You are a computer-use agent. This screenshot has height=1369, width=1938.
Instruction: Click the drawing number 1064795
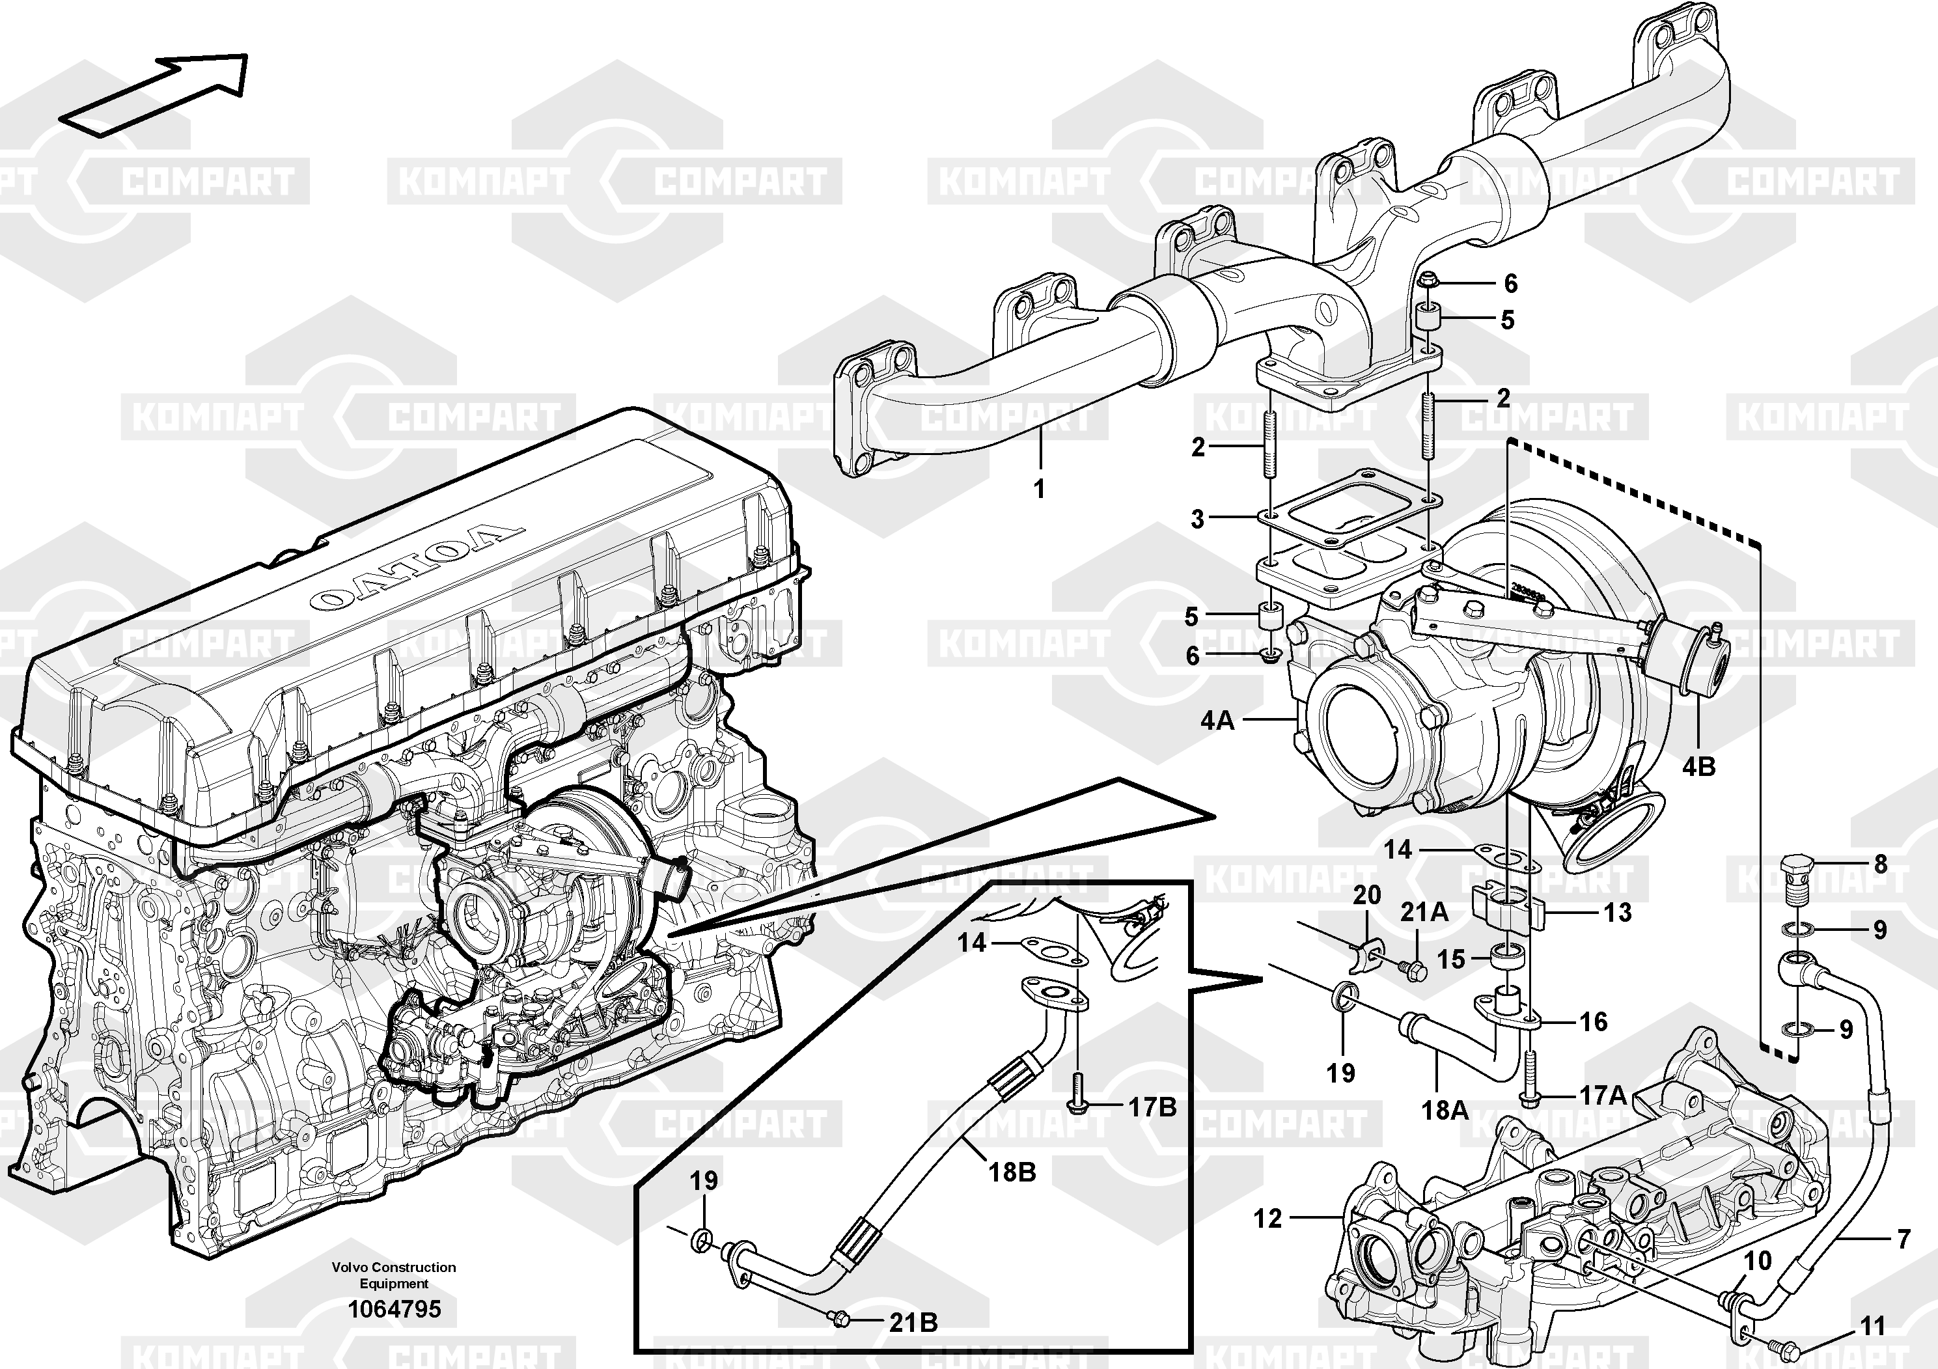(395, 1309)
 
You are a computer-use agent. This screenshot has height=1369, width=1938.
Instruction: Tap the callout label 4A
(1217, 720)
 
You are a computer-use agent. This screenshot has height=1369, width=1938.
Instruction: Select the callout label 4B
(1698, 766)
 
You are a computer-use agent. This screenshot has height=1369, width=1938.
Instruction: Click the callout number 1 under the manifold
(1039, 489)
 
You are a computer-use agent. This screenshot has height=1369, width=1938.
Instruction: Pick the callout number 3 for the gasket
(1197, 519)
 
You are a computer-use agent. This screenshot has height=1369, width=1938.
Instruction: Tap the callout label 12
(1267, 1218)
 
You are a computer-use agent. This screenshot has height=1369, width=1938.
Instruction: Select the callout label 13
(1616, 913)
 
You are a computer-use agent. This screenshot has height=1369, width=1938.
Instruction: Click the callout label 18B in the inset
(1012, 1172)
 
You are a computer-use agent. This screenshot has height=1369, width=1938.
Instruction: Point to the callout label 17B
(1152, 1107)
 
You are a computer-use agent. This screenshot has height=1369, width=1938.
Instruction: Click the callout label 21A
(1425, 911)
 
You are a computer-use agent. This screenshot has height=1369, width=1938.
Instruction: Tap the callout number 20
(1366, 894)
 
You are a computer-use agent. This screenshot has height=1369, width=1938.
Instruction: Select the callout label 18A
(1445, 1110)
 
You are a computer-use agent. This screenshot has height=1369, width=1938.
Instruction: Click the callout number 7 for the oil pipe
(1903, 1239)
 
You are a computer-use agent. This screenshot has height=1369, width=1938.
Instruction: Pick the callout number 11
(1872, 1327)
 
